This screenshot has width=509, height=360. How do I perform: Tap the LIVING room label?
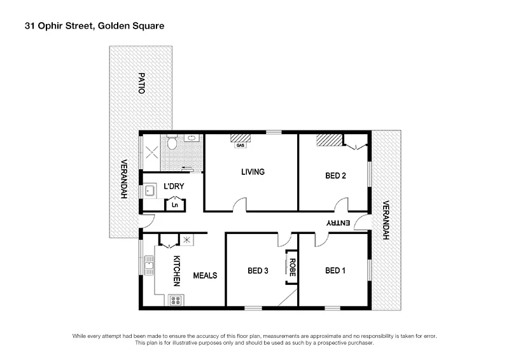[x=253, y=172]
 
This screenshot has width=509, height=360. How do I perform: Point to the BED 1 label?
[x=335, y=270]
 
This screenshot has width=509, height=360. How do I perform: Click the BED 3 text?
[x=258, y=270]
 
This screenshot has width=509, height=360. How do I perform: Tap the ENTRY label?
[x=338, y=223]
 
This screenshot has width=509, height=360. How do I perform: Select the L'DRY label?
[x=174, y=186]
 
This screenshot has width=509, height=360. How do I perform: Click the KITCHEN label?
[x=178, y=270]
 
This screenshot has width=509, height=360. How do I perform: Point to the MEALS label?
[x=206, y=275]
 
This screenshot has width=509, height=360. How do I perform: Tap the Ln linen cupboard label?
[x=175, y=205]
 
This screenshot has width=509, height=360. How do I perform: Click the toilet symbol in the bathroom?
[x=172, y=143]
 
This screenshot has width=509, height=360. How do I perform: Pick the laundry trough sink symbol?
[x=150, y=190]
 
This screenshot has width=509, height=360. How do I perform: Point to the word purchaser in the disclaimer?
[x=357, y=343]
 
